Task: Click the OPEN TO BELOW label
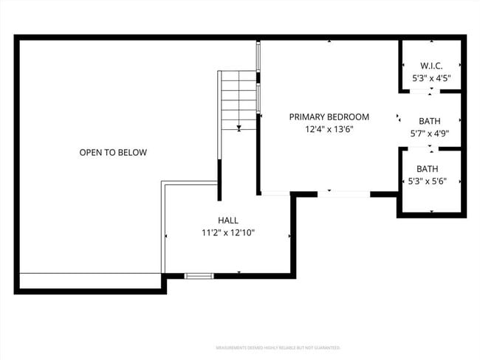[x=113, y=153]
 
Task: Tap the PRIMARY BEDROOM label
[x=329, y=117]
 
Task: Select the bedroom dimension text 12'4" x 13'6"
[x=329, y=130]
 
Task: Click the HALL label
[x=227, y=220]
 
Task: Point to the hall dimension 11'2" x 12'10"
[x=227, y=233]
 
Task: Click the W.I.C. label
[x=431, y=65]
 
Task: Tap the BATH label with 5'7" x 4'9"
[x=430, y=121]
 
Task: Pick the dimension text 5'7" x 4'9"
[x=430, y=134]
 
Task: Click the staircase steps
[x=238, y=96]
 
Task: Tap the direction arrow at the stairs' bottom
[x=239, y=128]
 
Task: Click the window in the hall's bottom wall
[x=198, y=276]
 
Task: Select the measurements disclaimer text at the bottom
[x=277, y=347]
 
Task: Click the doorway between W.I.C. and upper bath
[x=421, y=91]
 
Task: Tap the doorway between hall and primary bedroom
[x=276, y=193]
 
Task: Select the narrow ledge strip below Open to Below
[x=89, y=280]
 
